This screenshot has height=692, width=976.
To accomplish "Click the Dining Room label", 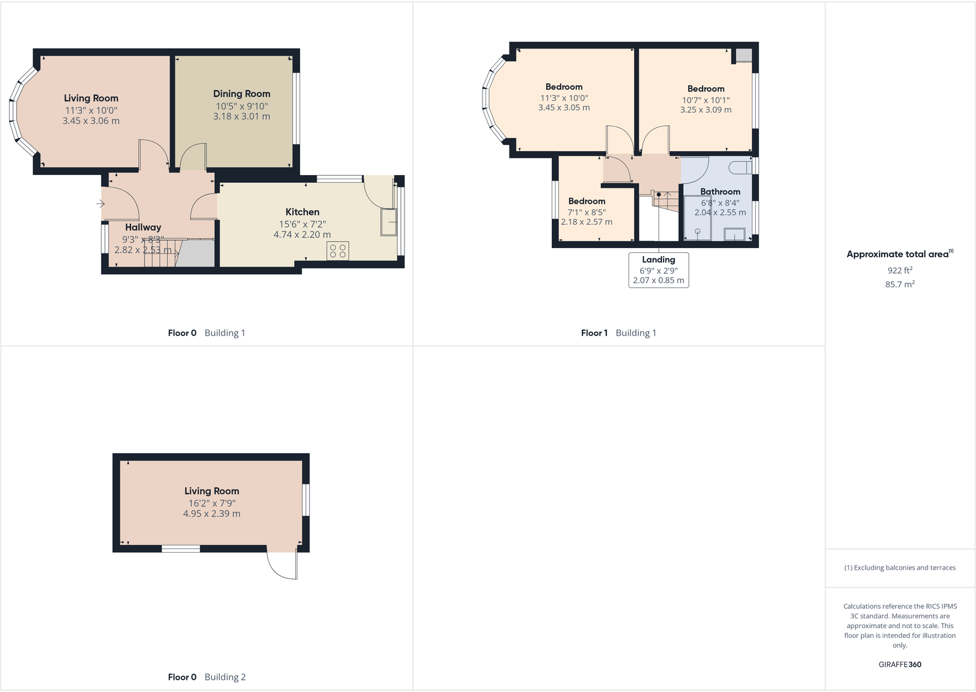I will [241, 94].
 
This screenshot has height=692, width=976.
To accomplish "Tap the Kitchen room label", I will [302, 212].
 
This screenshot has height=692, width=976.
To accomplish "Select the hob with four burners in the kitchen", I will [338, 251].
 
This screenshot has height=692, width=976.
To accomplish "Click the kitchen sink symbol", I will [389, 222].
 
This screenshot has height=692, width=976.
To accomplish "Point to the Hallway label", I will [143, 227].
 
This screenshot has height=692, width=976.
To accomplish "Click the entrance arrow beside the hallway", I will [101, 204].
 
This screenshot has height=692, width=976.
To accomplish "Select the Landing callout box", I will [658, 270].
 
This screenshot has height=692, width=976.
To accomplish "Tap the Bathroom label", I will [720, 192].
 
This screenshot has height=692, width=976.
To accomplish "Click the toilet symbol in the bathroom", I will [741, 167].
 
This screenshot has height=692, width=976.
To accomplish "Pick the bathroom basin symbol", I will [734, 234].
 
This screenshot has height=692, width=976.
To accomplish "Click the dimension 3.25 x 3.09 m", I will [705, 110].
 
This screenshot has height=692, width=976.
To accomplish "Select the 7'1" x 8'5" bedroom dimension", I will [586, 212].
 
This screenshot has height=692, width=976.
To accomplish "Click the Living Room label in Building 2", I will [212, 491].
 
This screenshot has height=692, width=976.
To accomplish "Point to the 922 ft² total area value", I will [900, 270].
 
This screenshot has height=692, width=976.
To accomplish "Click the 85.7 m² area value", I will [900, 284].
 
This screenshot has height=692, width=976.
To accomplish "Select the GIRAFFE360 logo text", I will [900, 664].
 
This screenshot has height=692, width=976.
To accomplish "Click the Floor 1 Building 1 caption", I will [618, 333].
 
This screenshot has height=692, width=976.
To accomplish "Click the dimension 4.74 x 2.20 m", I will [302, 235].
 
